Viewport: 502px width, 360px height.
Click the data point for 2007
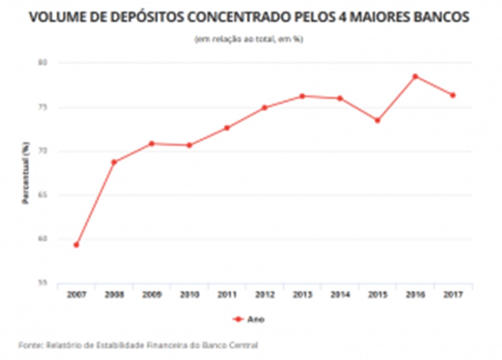tap(76, 245)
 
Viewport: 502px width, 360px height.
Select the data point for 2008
tap(114, 162)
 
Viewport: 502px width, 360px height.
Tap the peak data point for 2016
tap(415, 76)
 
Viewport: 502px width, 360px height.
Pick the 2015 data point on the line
tap(377, 120)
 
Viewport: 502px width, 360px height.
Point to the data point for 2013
tap(302, 96)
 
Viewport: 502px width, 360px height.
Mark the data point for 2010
tap(189, 145)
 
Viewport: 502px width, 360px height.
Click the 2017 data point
tap(453, 95)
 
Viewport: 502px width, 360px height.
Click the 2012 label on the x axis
tap(264, 295)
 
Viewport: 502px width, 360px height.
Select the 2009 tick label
tap(151, 295)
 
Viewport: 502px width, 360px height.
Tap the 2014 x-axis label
tap(340, 295)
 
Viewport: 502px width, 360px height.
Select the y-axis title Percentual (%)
tap(26, 173)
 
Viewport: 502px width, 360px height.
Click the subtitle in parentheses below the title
tap(249, 40)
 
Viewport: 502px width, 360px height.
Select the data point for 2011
tap(227, 128)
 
